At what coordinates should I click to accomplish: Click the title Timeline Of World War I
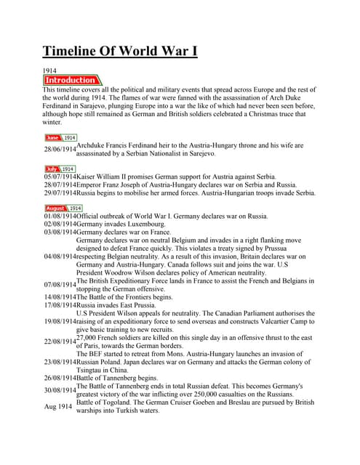coord(119,51)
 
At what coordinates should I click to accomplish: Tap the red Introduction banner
coord(72,80)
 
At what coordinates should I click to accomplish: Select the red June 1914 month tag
coord(60,137)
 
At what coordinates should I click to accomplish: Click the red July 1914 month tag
coord(60,169)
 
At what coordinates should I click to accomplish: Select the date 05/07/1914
coord(60,177)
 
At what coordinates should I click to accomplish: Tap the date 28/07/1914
coord(60,185)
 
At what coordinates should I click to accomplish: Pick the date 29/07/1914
coord(60,193)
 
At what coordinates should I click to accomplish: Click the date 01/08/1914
coord(60,216)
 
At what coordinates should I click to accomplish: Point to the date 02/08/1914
coord(60,225)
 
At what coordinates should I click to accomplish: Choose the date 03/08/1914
coord(60,232)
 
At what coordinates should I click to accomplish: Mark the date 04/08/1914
coord(60,256)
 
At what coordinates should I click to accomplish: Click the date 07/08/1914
coord(60,284)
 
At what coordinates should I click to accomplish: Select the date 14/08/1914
coord(60,296)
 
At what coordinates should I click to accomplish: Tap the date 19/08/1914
coord(60,321)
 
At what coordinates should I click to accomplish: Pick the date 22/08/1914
coord(60,341)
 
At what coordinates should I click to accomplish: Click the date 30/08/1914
coord(60,390)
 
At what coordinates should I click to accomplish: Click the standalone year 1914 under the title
coord(50,70)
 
